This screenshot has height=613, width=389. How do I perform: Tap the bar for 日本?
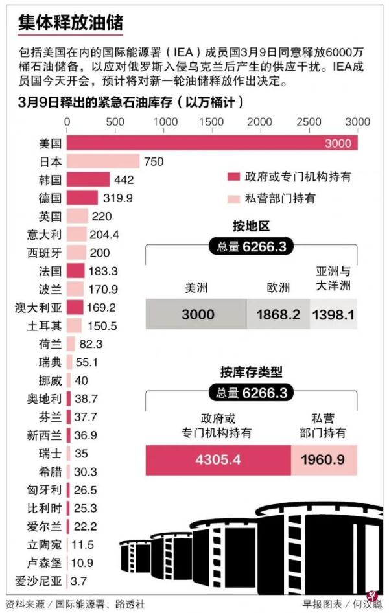tap(103, 161)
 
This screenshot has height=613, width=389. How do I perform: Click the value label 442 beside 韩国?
tap(124, 179)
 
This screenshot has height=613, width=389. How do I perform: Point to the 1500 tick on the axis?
tap(212, 122)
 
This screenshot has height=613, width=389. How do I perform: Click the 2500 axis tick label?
tap(308, 122)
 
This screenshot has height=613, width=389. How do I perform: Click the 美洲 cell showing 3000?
tap(197, 314)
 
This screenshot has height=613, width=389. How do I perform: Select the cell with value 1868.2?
tap(278, 314)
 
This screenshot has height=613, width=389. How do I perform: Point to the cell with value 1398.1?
tap(333, 314)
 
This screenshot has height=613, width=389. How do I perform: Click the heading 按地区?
tap(251, 226)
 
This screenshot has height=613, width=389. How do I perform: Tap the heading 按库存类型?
tap(251, 372)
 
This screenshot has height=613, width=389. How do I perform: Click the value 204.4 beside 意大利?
tap(104, 234)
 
